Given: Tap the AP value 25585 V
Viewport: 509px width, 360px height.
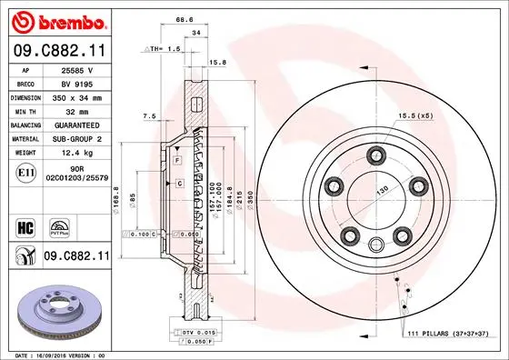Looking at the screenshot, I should [x=79, y=69].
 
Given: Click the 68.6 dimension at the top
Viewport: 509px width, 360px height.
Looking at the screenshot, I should [x=185, y=19].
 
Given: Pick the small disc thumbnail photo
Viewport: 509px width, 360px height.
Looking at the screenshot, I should [x=56, y=309].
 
